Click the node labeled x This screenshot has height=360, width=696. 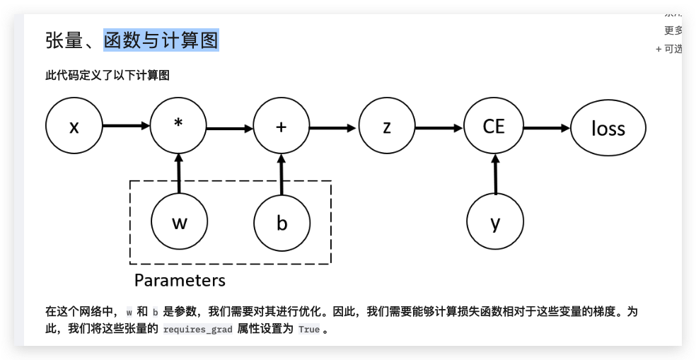point(74,127)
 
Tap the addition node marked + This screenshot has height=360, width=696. point(282,127)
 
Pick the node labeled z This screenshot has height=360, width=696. point(386,127)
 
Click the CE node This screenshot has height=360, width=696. point(493,127)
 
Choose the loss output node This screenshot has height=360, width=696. point(608,128)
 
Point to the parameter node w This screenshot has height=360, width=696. point(179,223)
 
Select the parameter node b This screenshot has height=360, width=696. point(282,223)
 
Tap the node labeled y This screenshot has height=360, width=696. point(495,223)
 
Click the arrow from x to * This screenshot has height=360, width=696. point(126,127)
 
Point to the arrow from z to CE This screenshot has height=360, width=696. point(439,129)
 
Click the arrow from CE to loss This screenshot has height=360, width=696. point(545,129)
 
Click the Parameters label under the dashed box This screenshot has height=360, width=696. point(180,280)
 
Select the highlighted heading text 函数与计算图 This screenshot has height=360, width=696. point(161,40)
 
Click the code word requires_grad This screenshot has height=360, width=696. point(197,330)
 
